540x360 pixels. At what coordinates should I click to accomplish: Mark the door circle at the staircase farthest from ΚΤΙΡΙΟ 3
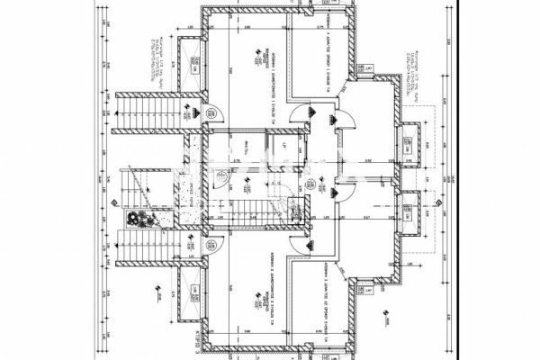(213, 112)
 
